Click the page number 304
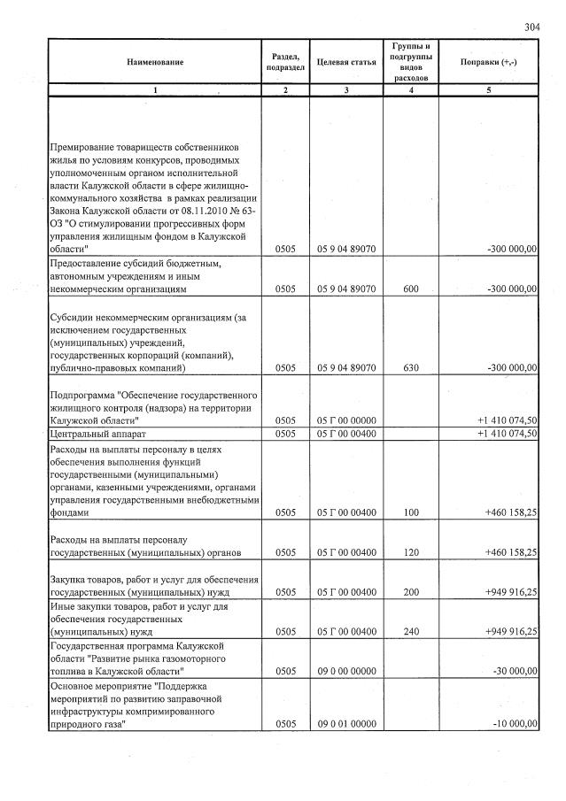531,27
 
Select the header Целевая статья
345,62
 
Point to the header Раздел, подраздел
284,62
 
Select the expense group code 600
410,289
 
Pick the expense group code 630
410,367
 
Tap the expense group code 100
410,512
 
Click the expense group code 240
410,632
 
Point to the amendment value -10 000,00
512,724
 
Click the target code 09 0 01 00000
346,724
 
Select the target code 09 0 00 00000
346,672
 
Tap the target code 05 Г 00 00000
346,420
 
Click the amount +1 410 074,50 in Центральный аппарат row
507,435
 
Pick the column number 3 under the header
346,89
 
